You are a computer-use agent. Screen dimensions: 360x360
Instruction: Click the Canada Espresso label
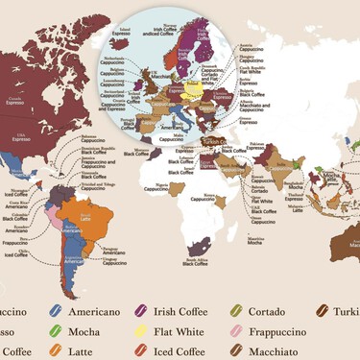(14, 99)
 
